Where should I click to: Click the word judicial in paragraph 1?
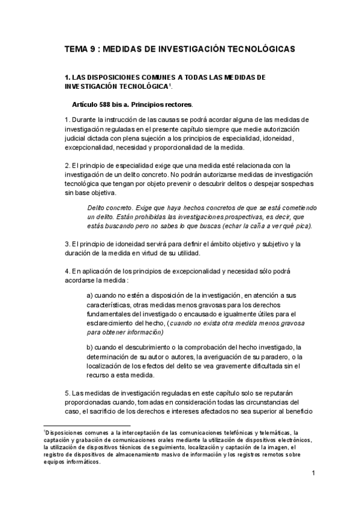(77, 138)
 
